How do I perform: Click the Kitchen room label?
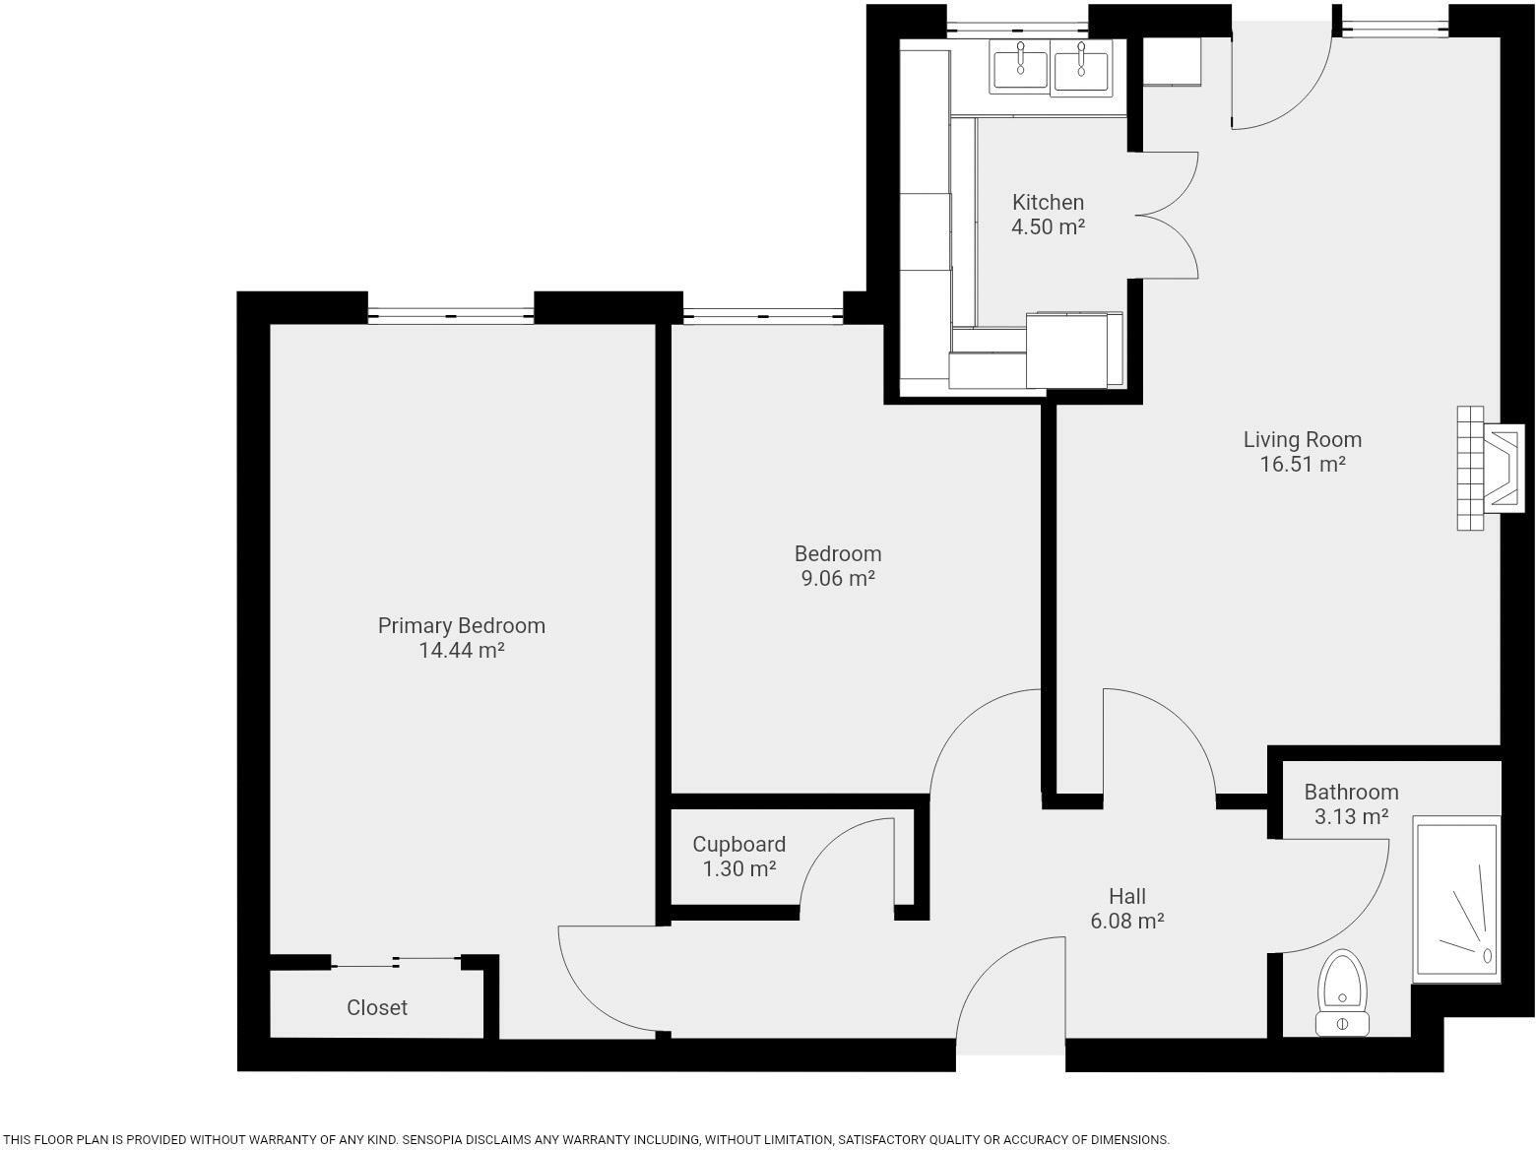1048,202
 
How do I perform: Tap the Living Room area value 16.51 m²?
1303,464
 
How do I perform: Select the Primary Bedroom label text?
461,625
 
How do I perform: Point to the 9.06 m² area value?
838,578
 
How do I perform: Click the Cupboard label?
738,844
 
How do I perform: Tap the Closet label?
376,1007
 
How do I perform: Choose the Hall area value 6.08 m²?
1127,921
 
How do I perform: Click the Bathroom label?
1351,792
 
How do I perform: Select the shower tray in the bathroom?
1456,898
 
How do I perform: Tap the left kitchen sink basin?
1019,69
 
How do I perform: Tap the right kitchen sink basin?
1081,69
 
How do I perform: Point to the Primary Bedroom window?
451,315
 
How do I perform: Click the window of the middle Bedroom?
763,315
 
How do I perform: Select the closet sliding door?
396,960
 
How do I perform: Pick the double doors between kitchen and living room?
1167,215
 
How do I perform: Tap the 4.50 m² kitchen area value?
1048,226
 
